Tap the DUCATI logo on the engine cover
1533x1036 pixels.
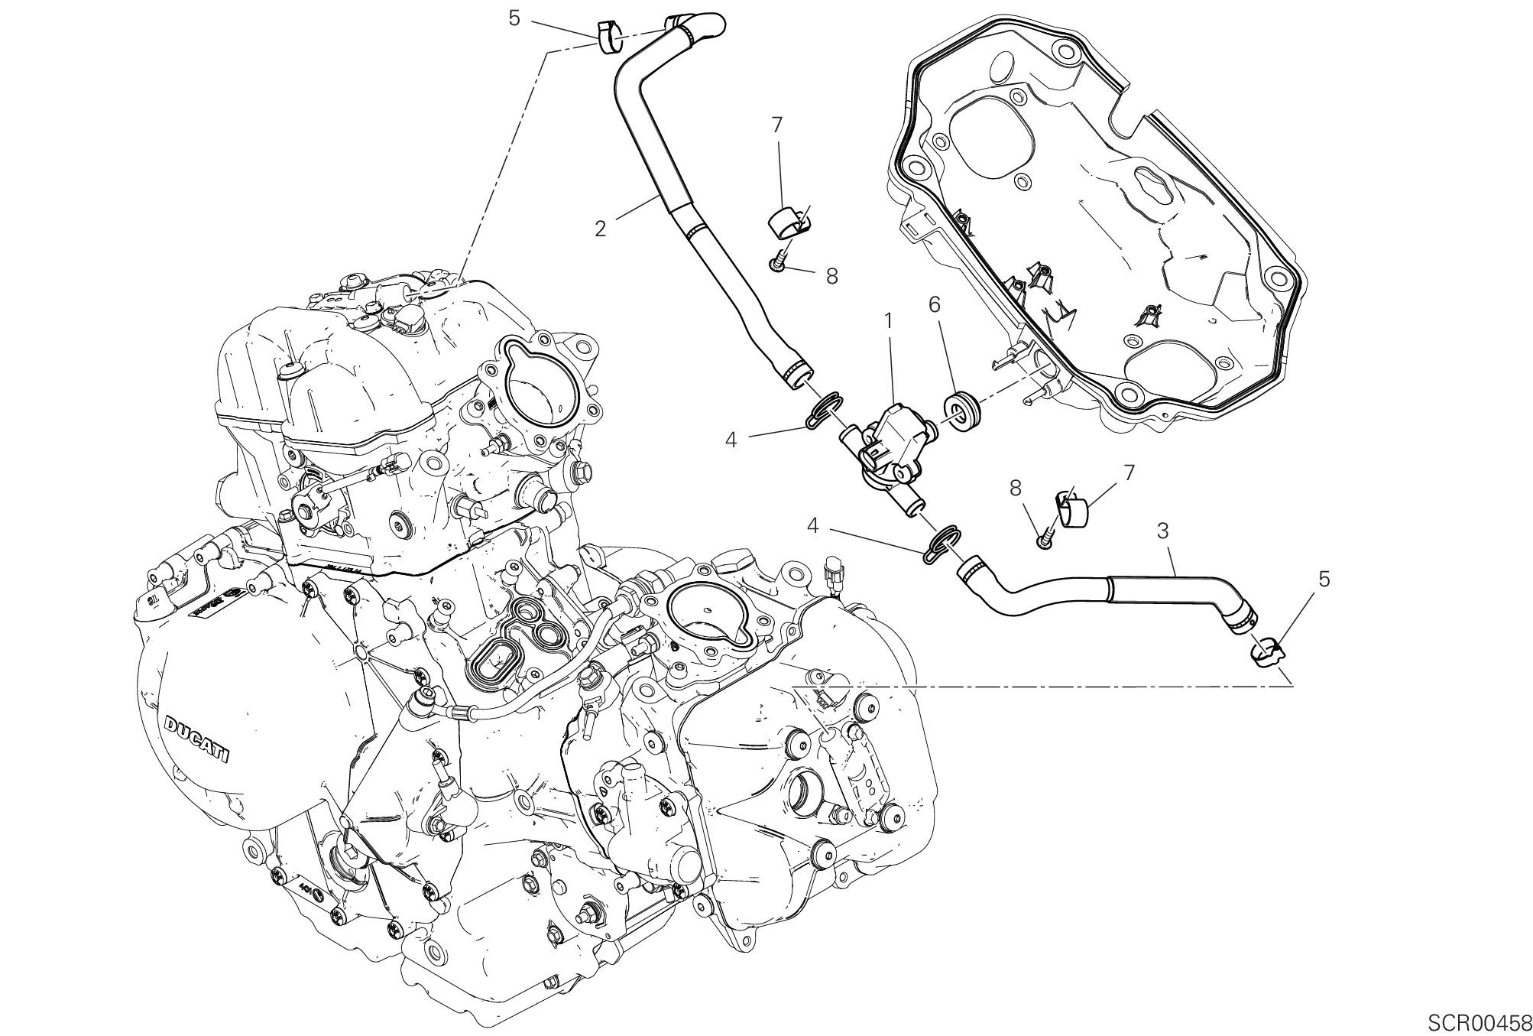[197, 739]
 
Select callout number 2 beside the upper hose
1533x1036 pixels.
[601, 228]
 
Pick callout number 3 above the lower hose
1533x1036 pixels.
[1163, 529]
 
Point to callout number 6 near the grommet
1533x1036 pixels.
[934, 304]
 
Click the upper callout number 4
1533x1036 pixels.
[731, 440]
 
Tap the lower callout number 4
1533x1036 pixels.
[813, 525]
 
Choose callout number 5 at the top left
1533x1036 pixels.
[514, 18]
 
